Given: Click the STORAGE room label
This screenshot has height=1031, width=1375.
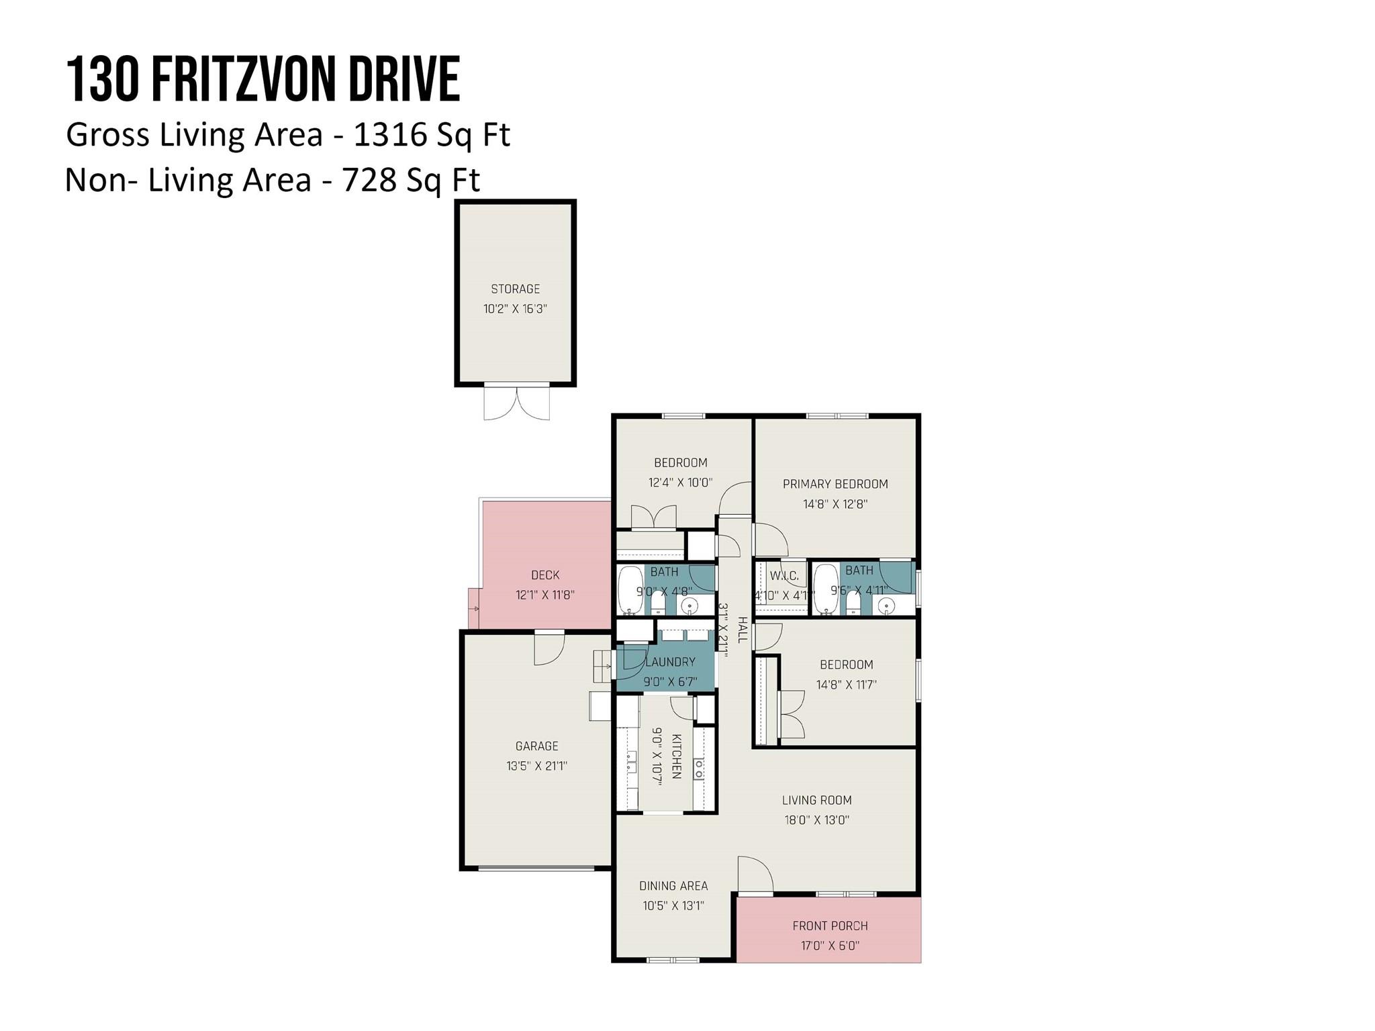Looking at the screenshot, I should [x=515, y=289].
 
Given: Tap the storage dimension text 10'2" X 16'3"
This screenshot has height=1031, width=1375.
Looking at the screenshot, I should [x=515, y=309].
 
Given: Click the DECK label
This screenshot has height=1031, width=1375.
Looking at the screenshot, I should [x=544, y=575].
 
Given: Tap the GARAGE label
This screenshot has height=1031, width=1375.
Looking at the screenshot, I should [x=536, y=746].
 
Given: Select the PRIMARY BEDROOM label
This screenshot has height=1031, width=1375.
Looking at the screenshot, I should [x=835, y=484].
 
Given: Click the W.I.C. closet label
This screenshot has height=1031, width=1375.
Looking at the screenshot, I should [x=784, y=576].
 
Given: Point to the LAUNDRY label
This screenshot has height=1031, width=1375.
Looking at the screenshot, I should [x=669, y=662].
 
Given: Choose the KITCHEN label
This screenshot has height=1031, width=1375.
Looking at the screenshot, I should [x=677, y=756].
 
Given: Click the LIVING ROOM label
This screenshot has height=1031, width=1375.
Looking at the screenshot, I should [x=816, y=800].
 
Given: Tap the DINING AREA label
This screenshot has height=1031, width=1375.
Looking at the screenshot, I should [x=673, y=886].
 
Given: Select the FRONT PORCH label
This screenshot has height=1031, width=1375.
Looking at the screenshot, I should [x=830, y=926].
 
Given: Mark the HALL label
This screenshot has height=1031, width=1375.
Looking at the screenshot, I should [x=743, y=630].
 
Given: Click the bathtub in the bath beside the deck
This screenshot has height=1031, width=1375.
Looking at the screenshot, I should [x=630, y=590].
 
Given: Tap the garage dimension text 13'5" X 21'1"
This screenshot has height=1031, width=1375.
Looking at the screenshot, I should [x=536, y=766].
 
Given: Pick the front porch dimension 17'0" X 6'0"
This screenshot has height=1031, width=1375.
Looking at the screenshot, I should [x=830, y=946].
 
